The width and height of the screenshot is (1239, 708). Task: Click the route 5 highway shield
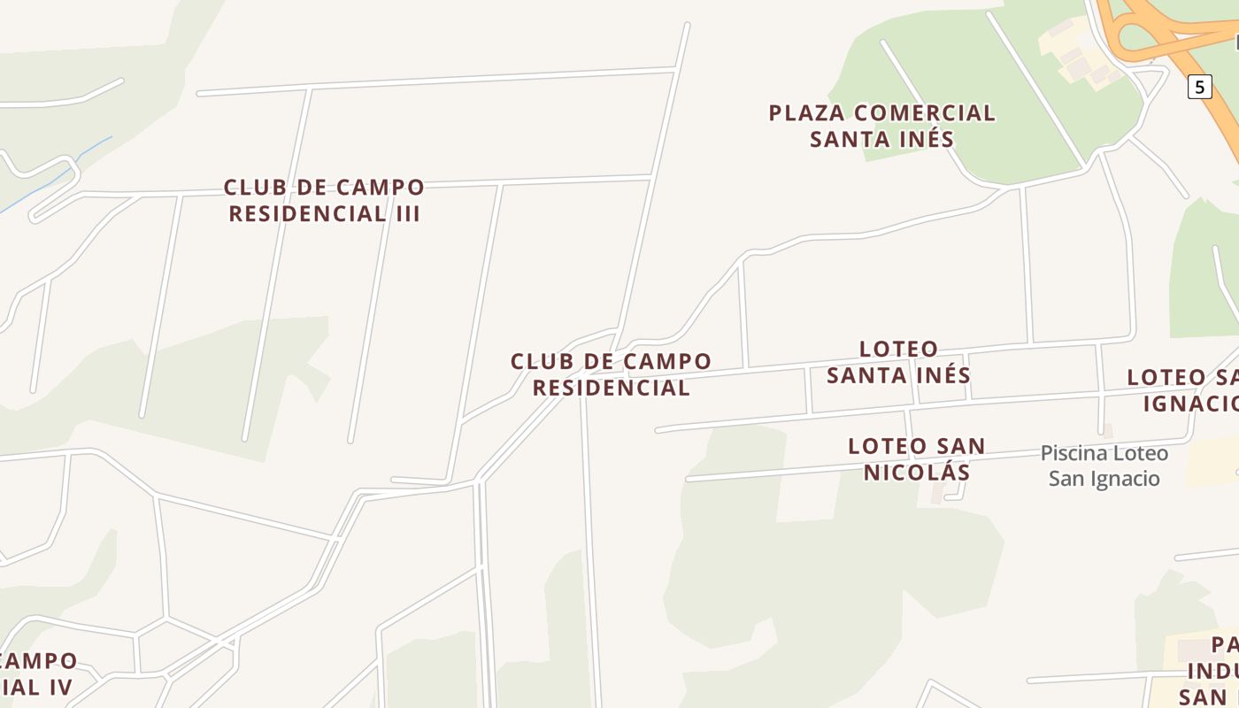(1199, 87)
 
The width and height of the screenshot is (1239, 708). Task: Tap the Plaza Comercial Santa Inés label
(882, 126)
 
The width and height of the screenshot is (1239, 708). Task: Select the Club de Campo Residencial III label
(324, 201)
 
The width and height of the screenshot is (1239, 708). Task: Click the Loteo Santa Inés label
(899, 361)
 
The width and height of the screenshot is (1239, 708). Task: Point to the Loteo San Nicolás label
(917, 459)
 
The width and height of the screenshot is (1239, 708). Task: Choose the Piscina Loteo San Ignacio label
(1104, 466)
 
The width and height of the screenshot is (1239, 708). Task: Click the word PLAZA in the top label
(804, 113)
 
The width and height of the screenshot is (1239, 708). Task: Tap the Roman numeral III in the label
(406, 214)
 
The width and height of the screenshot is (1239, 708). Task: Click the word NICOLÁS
(917, 473)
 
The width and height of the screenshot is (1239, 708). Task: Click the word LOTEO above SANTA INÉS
(899, 349)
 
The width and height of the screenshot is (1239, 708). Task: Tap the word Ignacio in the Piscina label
(1127, 479)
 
